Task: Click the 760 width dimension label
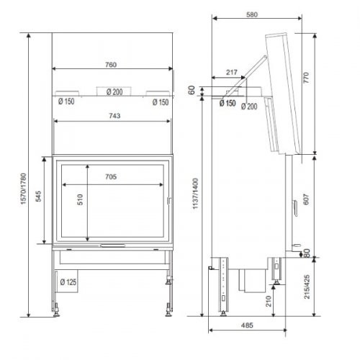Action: point(111,64)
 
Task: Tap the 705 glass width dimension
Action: point(110,176)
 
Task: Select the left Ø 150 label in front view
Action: point(66,102)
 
